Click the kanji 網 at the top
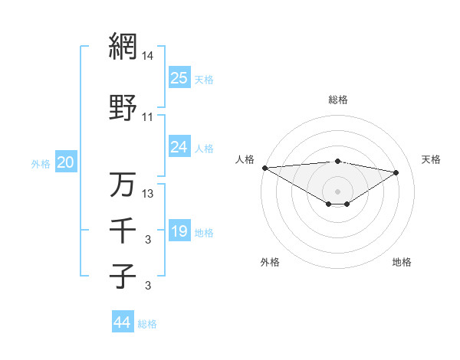123,46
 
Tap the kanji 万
123,184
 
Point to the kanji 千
123,229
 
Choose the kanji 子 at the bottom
123,275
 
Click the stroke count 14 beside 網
148,56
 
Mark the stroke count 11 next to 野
148,117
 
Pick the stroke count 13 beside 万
148,194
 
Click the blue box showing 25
179,78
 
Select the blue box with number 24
179,147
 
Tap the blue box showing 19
179,231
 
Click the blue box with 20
66,162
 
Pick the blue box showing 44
122,322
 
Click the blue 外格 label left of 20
41,163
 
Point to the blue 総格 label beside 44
148,324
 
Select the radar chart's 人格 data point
264,168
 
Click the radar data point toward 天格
396,172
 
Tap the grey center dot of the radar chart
337,191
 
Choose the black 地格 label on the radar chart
402,262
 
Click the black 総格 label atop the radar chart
338,100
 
